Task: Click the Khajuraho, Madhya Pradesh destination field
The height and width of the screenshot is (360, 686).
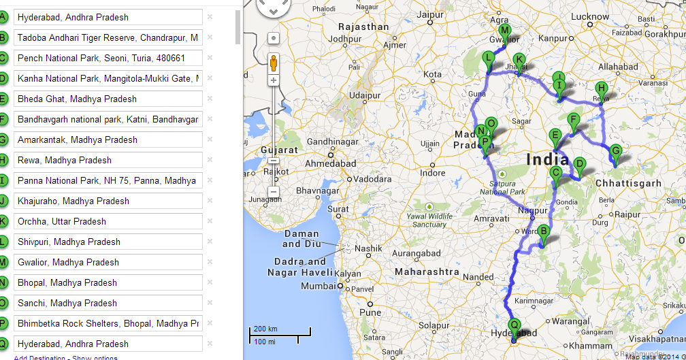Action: [108, 201]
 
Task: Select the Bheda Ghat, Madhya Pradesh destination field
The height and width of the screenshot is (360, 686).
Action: [108, 99]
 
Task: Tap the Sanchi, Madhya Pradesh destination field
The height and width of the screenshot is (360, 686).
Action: [108, 303]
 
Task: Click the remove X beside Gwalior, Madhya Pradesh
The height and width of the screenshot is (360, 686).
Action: [210, 262]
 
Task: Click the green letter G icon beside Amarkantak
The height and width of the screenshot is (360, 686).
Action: [3, 140]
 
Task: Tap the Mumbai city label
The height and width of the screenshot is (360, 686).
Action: [318, 287]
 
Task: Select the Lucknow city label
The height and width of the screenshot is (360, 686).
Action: [590, 17]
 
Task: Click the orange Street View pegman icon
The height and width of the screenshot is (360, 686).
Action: [274, 63]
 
